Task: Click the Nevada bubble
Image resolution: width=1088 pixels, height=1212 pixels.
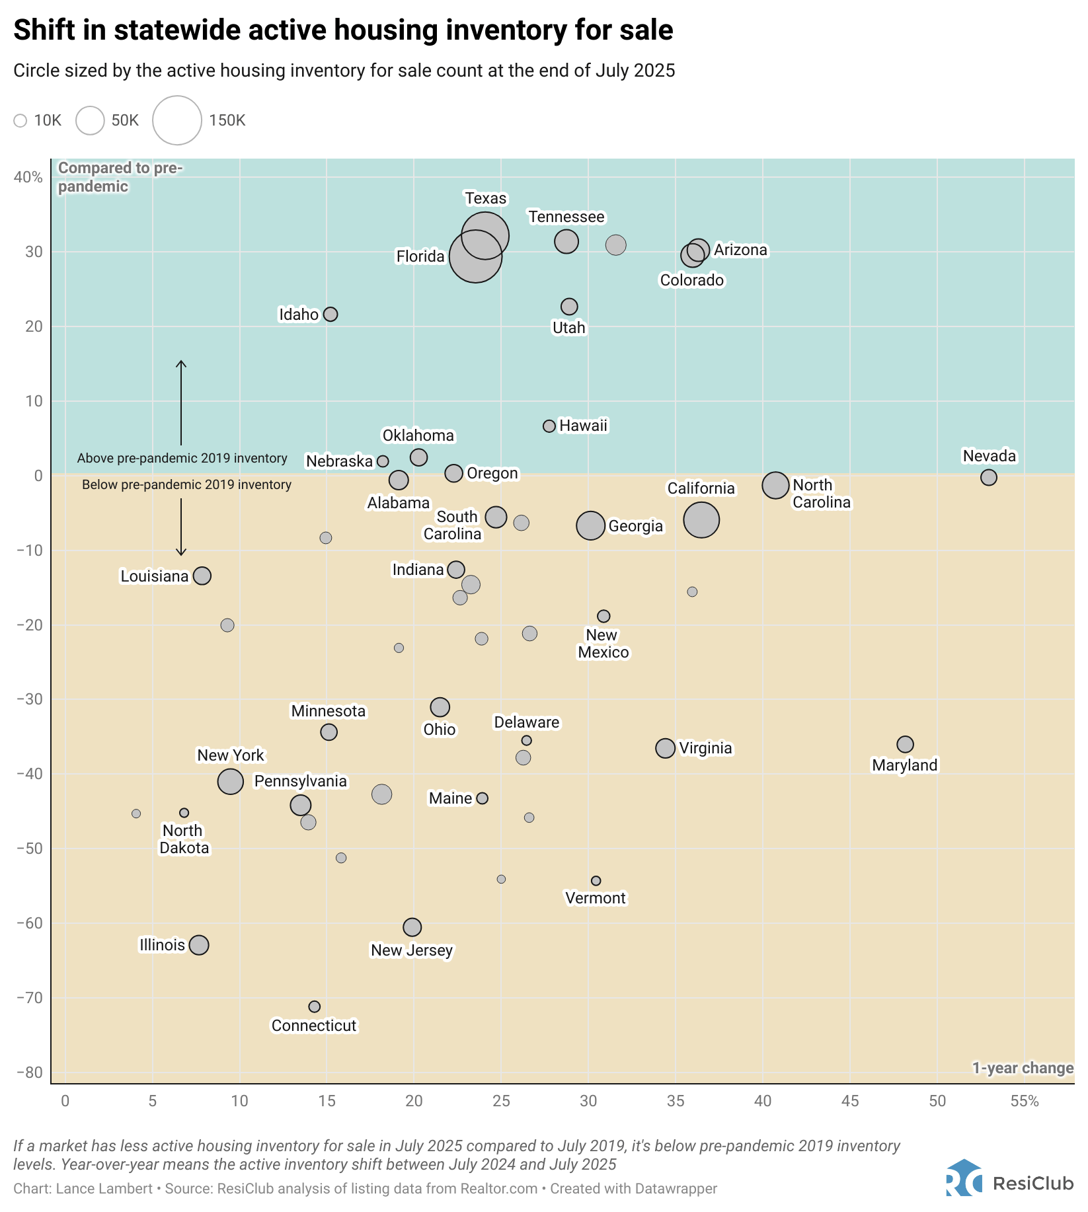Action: point(988,477)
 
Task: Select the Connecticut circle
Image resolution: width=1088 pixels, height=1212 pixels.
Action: point(315,1006)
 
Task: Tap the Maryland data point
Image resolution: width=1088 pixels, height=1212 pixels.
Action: point(905,745)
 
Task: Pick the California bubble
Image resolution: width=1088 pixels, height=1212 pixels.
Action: point(701,520)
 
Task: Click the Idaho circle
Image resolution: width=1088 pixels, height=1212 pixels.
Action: point(330,315)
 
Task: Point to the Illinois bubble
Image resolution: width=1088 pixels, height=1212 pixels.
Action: point(199,945)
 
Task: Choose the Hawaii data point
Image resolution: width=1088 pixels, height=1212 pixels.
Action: point(549,426)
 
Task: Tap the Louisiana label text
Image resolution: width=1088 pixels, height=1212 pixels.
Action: point(155,576)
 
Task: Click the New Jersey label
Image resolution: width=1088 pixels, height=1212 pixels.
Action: point(412,950)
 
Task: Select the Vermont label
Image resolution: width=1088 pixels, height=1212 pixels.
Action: point(596,898)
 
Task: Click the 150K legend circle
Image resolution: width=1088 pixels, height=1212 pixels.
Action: point(177,120)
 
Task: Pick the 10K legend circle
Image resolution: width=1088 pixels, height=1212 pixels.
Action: point(20,120)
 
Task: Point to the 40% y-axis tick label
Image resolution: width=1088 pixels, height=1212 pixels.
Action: point(28,177)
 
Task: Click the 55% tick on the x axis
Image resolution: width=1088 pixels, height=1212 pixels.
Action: point(1025,1101)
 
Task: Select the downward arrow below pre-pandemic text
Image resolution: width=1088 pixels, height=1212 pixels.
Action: point(181,527)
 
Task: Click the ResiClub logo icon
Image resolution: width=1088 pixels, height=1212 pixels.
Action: point(964,1178)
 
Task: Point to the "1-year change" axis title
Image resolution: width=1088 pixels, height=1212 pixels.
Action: point(1023,1068)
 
